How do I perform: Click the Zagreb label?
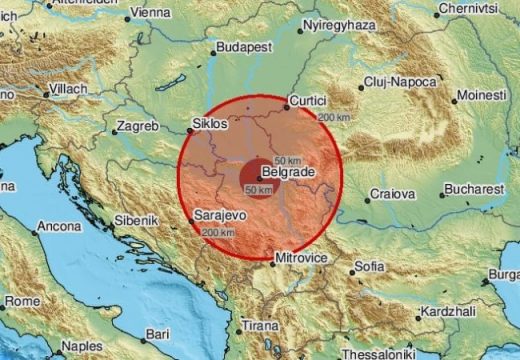[x=137, y=126]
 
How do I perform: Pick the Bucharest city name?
[x=472, y=188]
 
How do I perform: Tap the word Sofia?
[x=369, y=267]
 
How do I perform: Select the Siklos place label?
[x=210, y=127]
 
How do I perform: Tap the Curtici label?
[x=308, y=100]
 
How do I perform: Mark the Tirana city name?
[x=261, y=326]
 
